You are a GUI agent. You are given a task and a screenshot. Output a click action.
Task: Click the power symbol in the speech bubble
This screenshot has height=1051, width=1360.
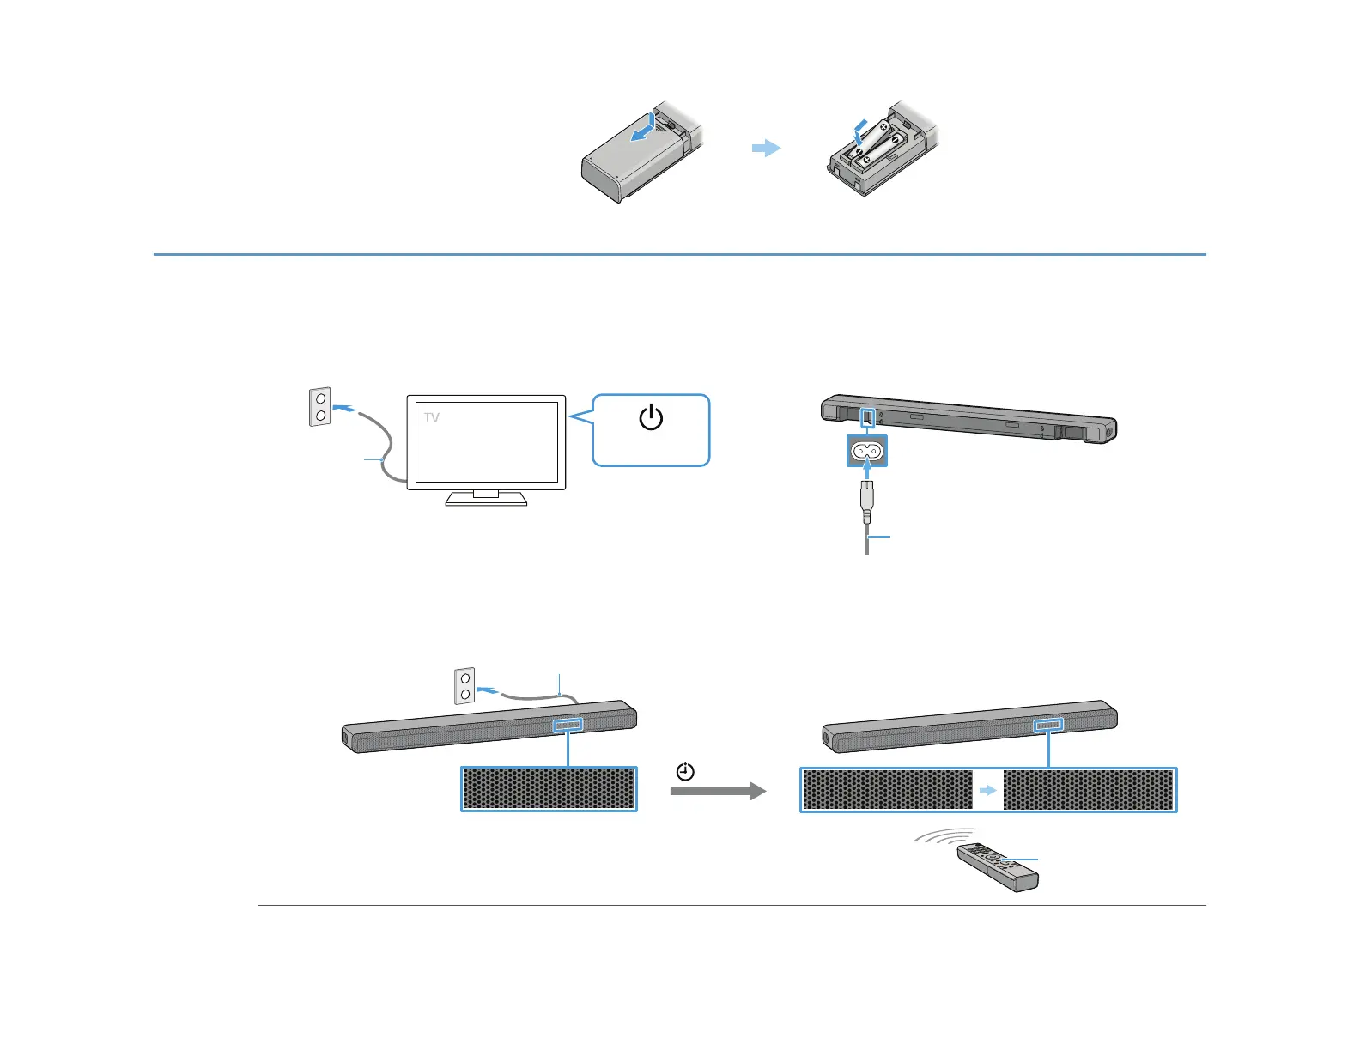[651, 418]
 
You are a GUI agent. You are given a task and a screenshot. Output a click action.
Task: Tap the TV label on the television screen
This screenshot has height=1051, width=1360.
[432, 418]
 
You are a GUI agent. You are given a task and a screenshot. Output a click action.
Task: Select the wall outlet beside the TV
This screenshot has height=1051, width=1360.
[320, 407]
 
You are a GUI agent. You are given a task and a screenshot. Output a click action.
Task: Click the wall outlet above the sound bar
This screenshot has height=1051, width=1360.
[464, 685]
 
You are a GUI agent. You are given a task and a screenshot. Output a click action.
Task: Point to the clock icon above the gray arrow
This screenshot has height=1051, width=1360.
[685, 772]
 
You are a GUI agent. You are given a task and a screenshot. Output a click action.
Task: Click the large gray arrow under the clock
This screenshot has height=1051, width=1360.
[718, 791]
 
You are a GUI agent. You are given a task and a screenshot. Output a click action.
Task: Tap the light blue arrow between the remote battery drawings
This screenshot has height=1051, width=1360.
[766, 148]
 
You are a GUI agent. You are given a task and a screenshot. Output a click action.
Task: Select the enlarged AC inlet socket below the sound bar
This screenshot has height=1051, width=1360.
[866, 451]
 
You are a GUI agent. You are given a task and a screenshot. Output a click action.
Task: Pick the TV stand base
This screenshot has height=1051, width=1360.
[486, 500]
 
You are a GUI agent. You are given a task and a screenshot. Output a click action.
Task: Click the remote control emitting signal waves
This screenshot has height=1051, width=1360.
[999, 866]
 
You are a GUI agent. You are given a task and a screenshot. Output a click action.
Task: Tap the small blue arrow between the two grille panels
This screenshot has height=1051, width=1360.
[988, 790]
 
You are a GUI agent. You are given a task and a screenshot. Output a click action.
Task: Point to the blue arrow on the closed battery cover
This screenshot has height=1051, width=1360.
[641, 131]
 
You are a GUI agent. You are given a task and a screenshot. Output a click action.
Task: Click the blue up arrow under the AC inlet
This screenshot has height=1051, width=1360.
[867, 471]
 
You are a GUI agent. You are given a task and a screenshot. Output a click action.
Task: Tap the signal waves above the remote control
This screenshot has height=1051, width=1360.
[945, 835]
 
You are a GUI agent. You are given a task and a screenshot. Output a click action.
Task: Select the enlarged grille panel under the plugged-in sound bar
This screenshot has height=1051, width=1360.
[549, 788]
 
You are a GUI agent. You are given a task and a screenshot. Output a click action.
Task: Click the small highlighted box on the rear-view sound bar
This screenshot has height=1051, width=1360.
[868, 417]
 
